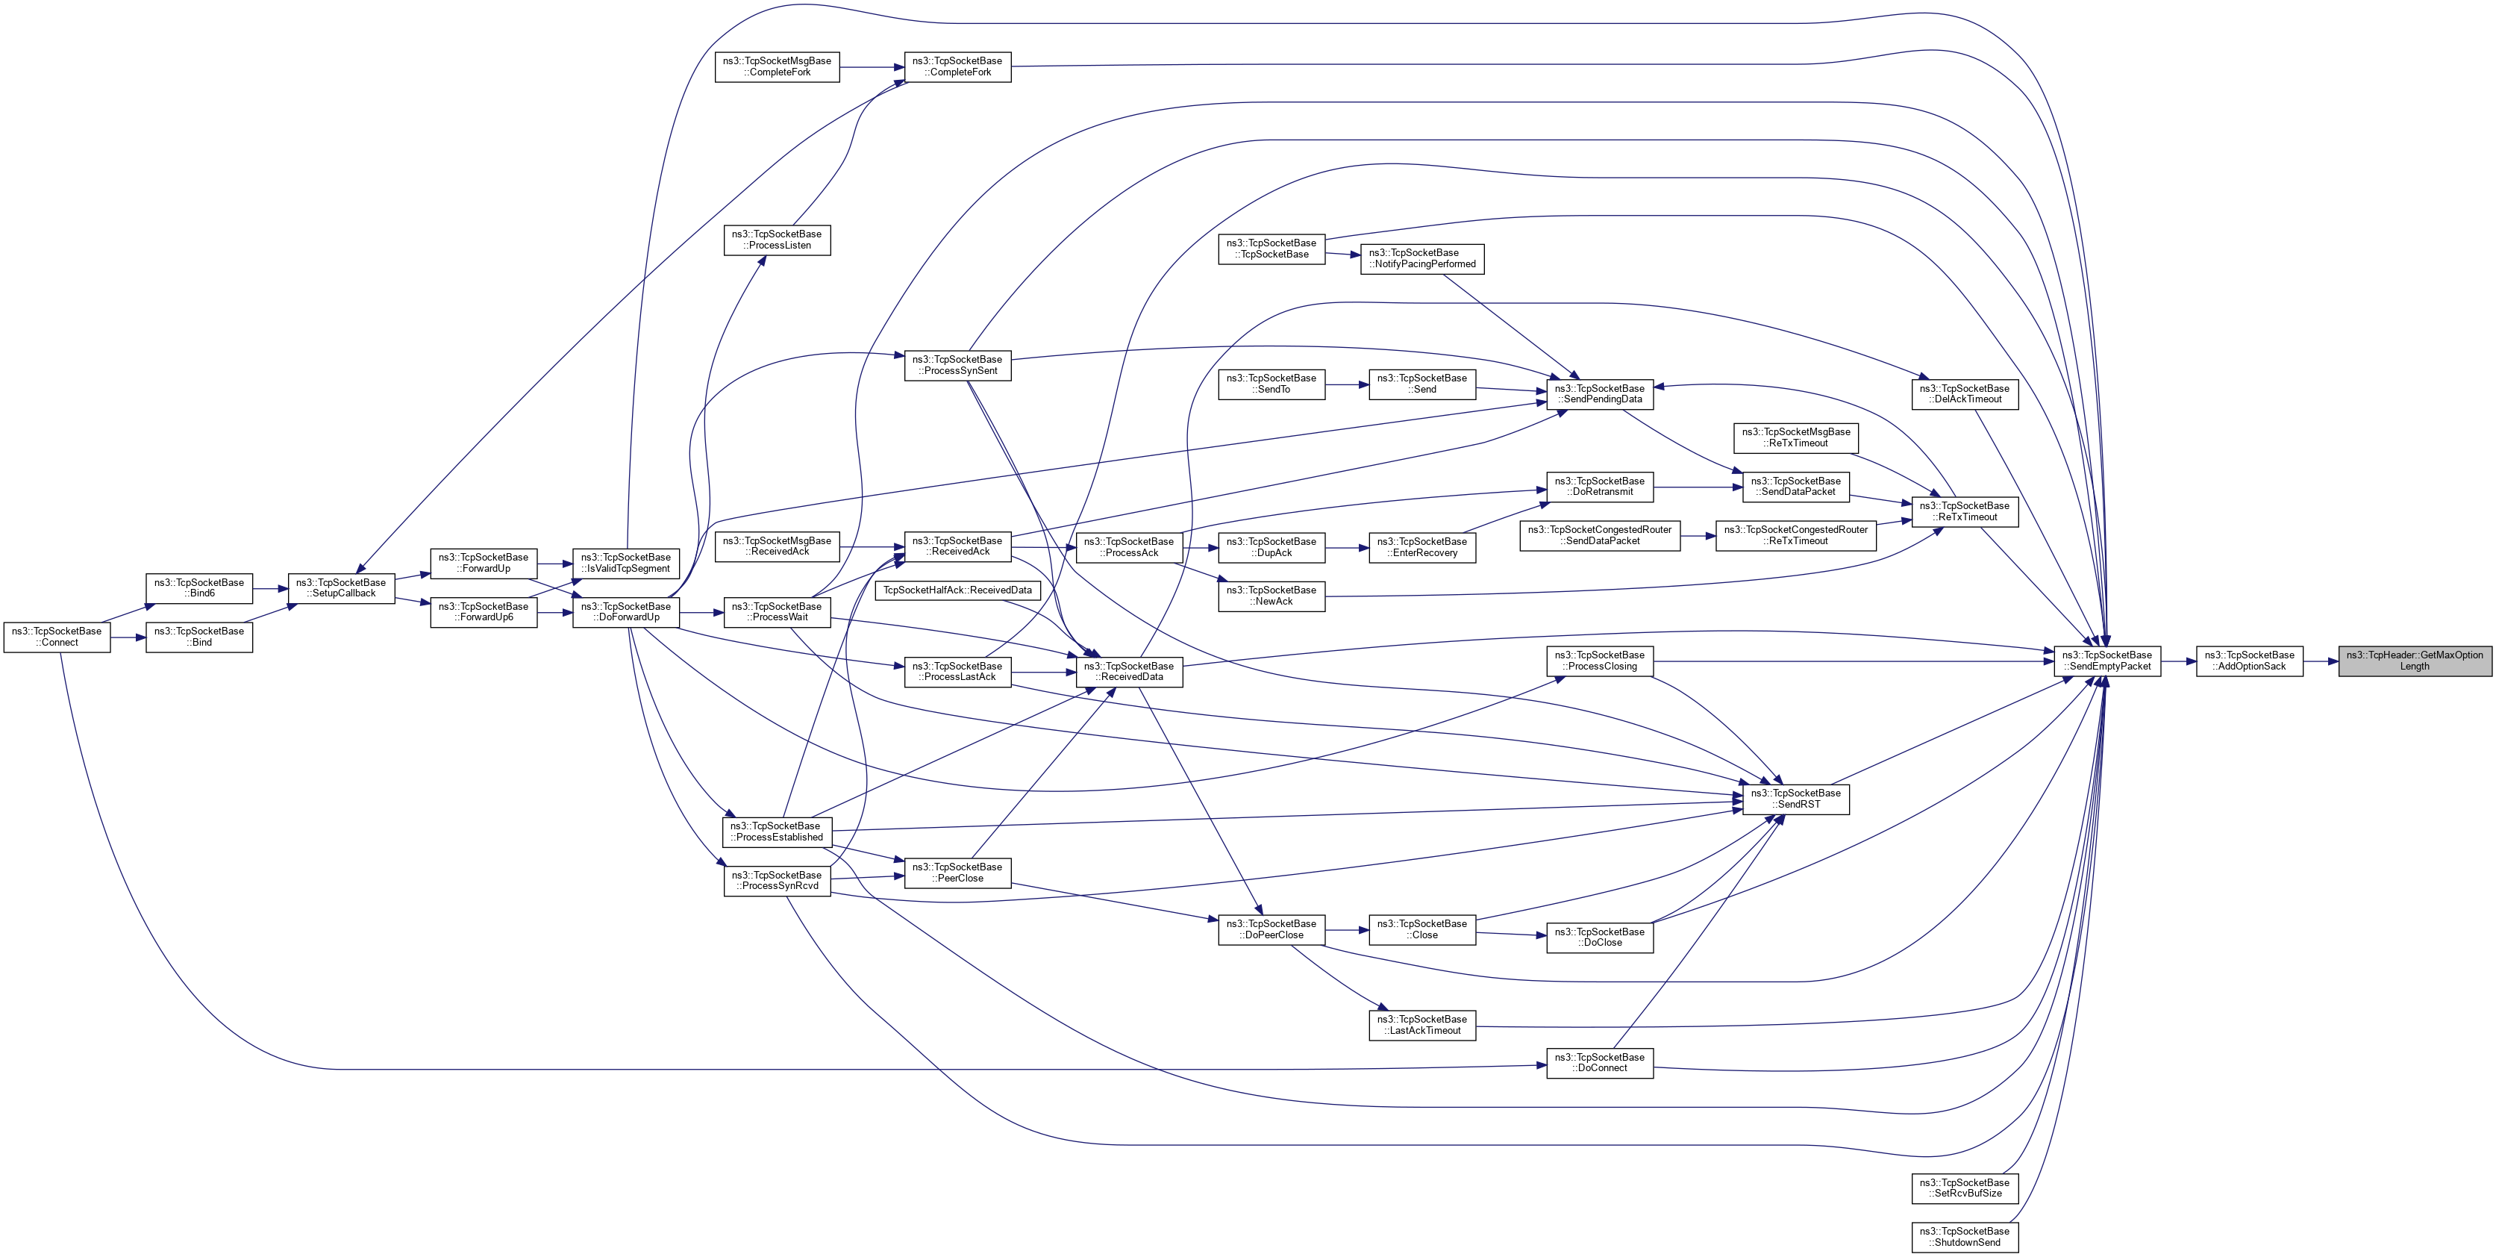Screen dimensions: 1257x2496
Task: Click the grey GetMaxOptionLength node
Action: (2414, 661)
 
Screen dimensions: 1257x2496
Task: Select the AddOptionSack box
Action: (2248, 661)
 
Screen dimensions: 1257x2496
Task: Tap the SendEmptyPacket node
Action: (2106, 661)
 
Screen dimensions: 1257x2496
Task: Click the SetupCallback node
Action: (341, 588)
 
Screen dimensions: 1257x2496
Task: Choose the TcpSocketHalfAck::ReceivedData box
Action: (957, 590)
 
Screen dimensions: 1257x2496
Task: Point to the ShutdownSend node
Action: (1964, 1237)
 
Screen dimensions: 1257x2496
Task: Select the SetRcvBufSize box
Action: (1964, 1188)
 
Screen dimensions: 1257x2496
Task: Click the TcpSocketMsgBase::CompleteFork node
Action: (776, 67)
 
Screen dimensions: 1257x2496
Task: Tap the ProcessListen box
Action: (776, 240)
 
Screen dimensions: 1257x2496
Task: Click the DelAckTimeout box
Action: (1964, 393)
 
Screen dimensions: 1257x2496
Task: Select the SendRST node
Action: (1795, 799)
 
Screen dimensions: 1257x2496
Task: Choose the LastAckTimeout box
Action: (1421, 1024)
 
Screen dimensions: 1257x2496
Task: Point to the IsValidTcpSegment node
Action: (625, 563)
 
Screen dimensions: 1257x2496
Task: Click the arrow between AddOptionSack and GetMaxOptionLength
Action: (2321, 661)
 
